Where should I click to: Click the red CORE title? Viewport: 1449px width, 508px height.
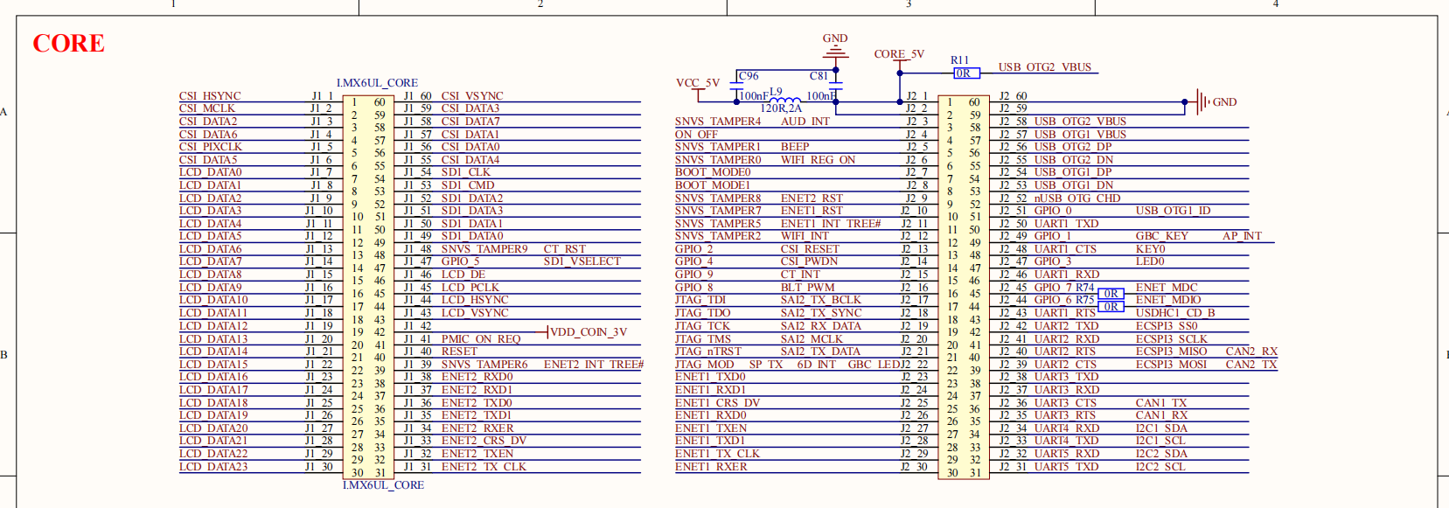[x=68, y=43]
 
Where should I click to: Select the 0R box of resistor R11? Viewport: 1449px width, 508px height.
[x=963, y=73]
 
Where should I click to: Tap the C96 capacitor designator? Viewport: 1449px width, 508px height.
[x=749, y=76]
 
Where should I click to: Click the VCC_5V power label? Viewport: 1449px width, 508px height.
[x=697, y=83]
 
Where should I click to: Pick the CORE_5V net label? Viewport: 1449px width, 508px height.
[x=899, y=54]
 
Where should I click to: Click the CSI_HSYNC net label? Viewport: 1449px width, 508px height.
[x=210, y=96]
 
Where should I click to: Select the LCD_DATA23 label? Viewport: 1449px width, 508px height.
[x=213, y=467]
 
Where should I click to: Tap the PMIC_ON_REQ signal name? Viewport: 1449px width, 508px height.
[x=481, y=339]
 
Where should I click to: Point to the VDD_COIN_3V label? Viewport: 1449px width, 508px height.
[x=589, y=332]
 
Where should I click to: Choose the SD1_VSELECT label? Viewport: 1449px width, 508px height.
[x=582, y=261]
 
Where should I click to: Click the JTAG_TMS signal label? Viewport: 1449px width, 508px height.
[x=703, y=339]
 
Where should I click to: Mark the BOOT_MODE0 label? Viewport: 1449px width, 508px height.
[x=713, y=172]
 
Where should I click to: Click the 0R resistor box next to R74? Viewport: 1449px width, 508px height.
[x=1111, y=294]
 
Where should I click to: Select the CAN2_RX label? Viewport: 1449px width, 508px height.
[x=1251, y=351]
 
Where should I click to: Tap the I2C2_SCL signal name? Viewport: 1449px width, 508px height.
[x=1160, y=467]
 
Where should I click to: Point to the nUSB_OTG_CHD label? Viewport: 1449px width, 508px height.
[x=1077, y=198]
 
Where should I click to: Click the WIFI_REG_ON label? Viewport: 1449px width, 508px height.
[x=818, y=160]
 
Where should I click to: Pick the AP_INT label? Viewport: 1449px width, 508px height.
[x=1242, y=236]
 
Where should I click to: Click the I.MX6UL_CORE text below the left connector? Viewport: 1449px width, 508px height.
[x=383, y=485]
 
